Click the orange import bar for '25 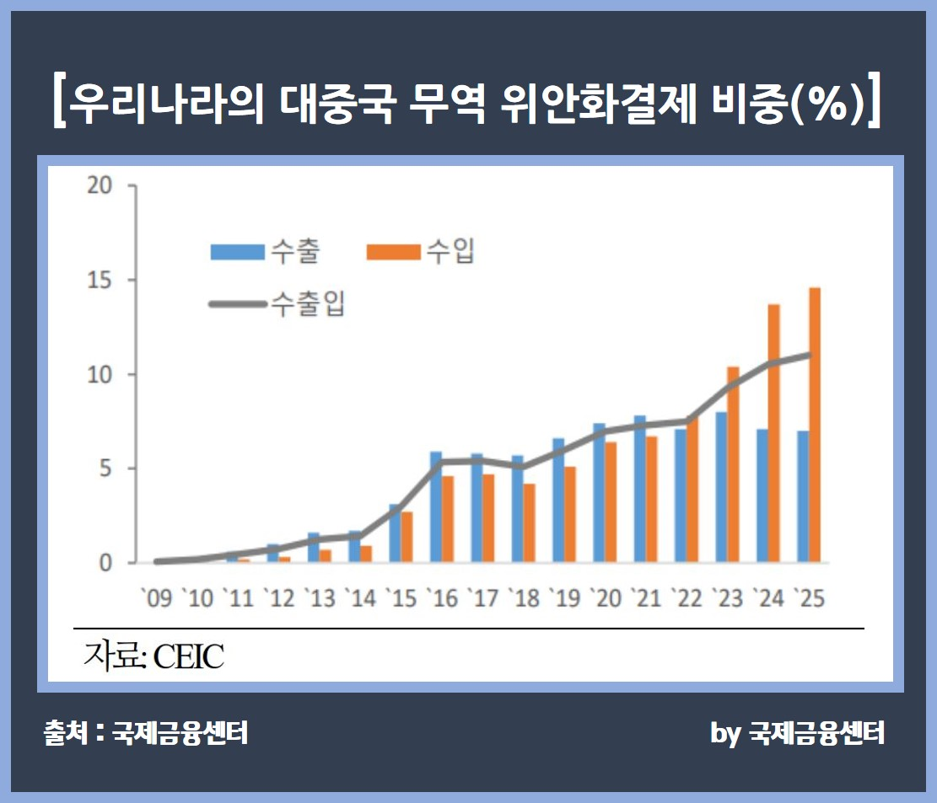coord(815,426)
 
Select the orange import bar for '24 coord(773,433)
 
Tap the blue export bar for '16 coord(436,507)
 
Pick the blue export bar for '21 coord(640,490)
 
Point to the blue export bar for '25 coord(803,497)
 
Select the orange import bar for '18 coord(529,523)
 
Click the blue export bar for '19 coord(558,501)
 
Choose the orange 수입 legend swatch coord(392,252)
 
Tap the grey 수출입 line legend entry coord(277,304)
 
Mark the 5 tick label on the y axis coord(105,468)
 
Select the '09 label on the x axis coord(155,597)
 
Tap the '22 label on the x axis coord(688,597)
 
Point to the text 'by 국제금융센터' coord(797,733)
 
